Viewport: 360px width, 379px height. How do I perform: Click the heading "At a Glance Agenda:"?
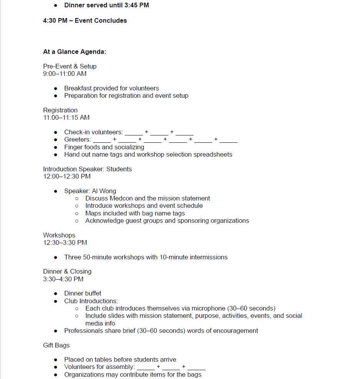(75, 52)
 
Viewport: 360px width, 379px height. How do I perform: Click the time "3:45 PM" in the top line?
(136, 5)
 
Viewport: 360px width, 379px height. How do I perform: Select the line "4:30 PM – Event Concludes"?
(85, 20)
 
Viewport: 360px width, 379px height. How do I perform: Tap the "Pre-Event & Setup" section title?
(70, 66)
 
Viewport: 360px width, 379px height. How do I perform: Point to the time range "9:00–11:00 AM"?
(65, 73)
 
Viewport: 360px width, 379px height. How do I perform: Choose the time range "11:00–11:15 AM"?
(66, 117)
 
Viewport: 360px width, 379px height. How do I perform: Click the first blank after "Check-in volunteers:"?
(133, 133)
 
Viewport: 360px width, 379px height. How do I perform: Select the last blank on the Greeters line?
(228, 140)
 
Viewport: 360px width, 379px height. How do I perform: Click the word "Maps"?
(93, 213)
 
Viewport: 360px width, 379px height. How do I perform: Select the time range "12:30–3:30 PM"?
(65, 242)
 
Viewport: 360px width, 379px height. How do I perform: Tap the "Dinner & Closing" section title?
(67, 271)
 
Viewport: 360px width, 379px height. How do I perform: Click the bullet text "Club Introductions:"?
(91, 301)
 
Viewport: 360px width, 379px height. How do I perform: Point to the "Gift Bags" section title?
(56, 345)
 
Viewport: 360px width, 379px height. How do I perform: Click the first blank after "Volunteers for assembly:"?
(146, 367)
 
